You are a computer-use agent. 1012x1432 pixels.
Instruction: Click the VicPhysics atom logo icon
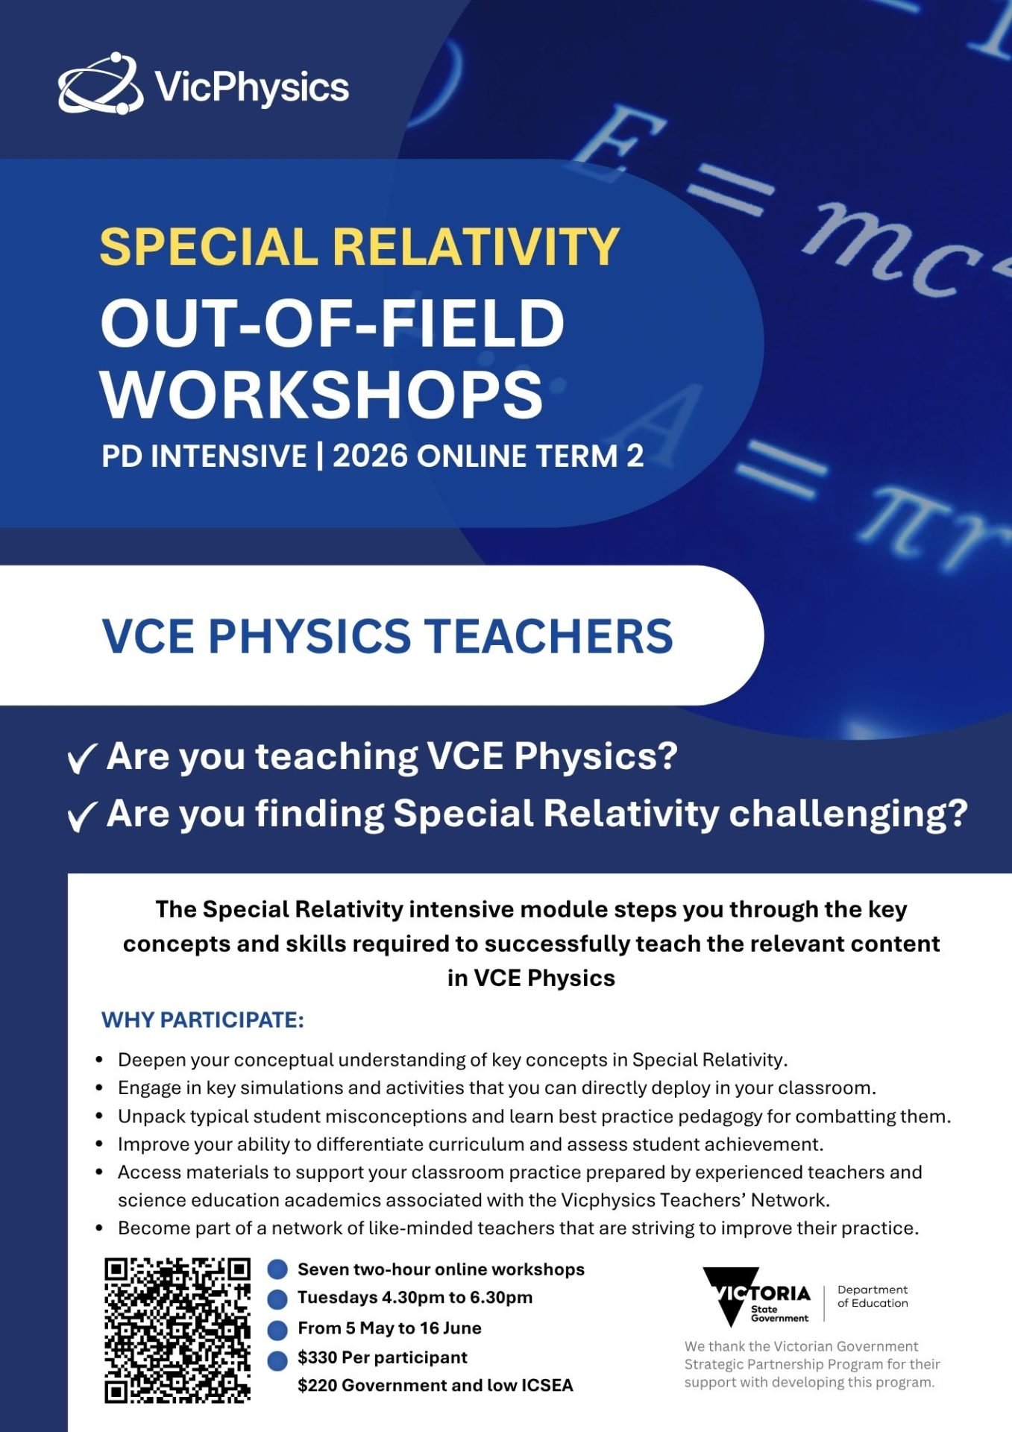tap(101, 84)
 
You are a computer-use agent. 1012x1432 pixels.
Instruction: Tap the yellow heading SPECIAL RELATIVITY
tap(359, 246)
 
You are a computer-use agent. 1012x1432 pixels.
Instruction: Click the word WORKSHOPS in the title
tap(322, 394)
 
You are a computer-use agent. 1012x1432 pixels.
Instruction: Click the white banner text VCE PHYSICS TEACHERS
tap(387, 635)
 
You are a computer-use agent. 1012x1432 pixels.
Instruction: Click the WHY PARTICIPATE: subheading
tap(203, 1020)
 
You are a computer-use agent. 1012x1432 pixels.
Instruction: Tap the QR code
tap(177, 1331)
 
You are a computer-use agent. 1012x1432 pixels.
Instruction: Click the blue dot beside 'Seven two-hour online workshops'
tap(277, 1269)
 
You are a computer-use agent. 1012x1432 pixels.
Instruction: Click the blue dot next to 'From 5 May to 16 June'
tap(277, 1330)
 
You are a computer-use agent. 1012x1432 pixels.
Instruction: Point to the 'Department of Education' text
tap(873, 1296)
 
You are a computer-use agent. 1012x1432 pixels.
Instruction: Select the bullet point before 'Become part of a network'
tap(99, 1228)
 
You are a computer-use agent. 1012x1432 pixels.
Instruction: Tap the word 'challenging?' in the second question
tap(848, 814)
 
